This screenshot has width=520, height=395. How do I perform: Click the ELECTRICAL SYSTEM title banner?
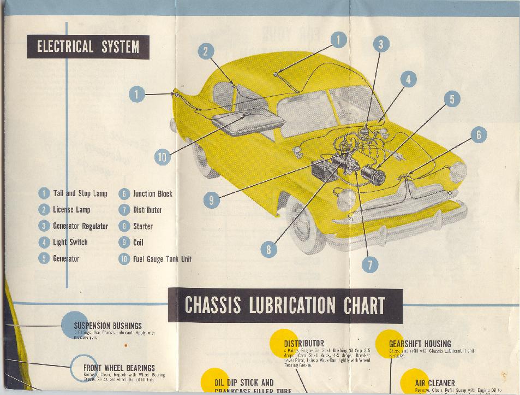(x=88, y=47)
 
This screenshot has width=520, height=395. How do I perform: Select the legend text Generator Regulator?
(x=80, y=226)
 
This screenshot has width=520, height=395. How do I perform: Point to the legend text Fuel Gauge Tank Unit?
(x=162, y=259)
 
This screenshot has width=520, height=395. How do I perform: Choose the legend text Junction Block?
(x=152, y=193)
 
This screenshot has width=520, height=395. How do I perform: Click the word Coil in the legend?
(x=138, y=243)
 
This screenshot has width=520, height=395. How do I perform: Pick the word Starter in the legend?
(x=142, y=226)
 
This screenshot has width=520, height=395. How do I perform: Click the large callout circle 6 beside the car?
(x=478, y=134)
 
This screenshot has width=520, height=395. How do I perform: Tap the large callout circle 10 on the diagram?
(x=162, y=157)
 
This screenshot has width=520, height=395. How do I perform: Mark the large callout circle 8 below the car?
(x=268, y=250)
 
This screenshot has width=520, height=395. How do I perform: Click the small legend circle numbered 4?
(x=44, y=243)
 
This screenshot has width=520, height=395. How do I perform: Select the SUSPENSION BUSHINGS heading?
(x=107, y=326)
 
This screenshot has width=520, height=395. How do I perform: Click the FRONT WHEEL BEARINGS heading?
(x=119, y=368)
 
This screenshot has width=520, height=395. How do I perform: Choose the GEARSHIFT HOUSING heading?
(x=420, y=344)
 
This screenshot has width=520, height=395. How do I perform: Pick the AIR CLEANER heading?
(x=434, y=384)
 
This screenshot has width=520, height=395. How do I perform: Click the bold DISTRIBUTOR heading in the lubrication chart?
(x=304, y=344)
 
